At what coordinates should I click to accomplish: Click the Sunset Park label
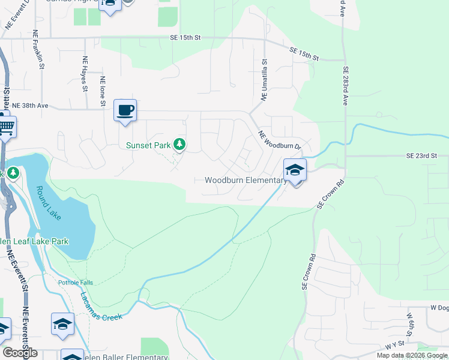pos(148,145)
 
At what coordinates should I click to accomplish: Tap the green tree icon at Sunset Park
pos(179,144)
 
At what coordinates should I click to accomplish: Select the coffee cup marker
pos(125,110)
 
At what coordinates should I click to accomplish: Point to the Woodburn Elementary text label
pos(246,180)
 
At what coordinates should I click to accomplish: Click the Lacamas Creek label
pos(100,305)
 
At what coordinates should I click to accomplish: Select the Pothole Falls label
pos(76,283)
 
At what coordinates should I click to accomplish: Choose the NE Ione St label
pos(103,91)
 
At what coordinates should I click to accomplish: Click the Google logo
pos(20,353)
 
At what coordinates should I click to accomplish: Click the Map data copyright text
pos(412,355)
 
